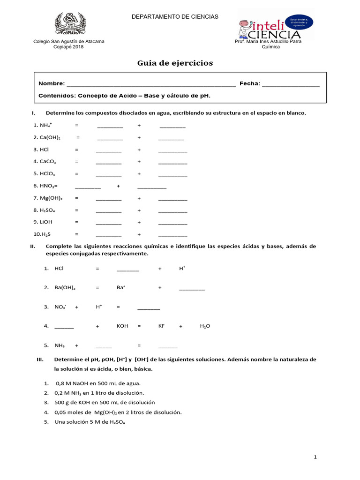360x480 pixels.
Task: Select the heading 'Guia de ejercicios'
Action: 175,63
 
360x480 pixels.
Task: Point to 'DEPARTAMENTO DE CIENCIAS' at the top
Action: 175,16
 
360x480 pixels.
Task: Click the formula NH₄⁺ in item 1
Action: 46,126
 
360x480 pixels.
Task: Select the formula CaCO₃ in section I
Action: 47,162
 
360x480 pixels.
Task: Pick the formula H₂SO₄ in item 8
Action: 47,210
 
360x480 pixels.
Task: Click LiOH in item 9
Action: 46,222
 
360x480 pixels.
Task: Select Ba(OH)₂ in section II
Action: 65,288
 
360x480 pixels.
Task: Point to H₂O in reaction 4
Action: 205,326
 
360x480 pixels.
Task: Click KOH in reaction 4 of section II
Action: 122,326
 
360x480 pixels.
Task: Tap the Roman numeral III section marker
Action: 40,360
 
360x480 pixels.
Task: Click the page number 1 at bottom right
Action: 315,457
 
